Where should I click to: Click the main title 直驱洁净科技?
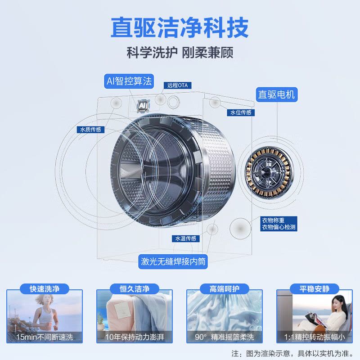(180, 28)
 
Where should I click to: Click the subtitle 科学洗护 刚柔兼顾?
(180, 53)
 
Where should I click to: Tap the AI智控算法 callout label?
(129, 81)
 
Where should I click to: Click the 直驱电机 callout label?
(276, 94)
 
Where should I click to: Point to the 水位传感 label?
(241, 112)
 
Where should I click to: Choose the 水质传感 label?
(90, 130)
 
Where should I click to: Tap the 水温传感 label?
(186, 238)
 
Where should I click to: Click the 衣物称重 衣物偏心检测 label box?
(279, 224)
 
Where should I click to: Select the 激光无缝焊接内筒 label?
(174, 261)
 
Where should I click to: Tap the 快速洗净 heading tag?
(45, 288)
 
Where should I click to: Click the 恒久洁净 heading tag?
(135, 288)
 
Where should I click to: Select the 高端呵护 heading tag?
(225, 288)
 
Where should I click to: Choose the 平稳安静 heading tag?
(315, 288)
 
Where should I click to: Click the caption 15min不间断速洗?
(45, 337)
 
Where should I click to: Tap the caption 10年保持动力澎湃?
(135, 337)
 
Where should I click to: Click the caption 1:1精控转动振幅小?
(315, 337)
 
